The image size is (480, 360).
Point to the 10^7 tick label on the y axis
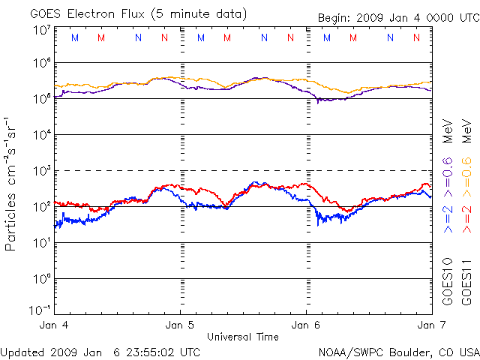41,29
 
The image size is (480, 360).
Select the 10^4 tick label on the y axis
41,135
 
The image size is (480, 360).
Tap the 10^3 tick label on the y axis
41,171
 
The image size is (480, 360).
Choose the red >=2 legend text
466,218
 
